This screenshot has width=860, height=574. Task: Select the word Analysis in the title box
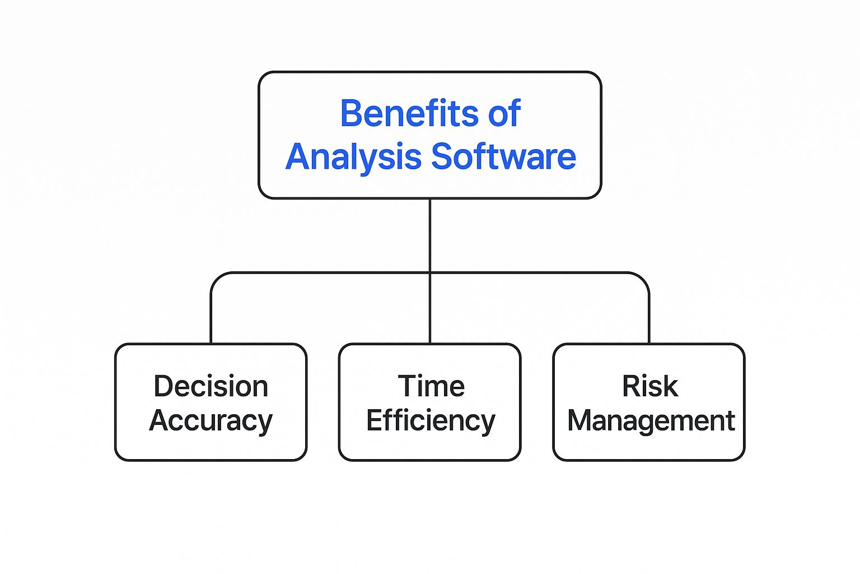point(353,158)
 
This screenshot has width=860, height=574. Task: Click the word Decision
point(211,386)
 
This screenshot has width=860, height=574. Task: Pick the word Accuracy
point(211,422)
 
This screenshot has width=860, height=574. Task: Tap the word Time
point(431,386)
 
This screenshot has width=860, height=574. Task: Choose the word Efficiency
point(431,422)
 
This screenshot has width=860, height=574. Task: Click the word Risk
point(649,386)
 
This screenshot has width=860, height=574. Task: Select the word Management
point(651,422)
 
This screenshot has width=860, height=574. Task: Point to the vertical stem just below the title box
point(430,235)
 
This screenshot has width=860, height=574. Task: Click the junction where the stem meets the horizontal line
point(430,273)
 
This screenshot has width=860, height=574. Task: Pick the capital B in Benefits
point(350,113)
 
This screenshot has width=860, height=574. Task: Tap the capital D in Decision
point(163,386)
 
